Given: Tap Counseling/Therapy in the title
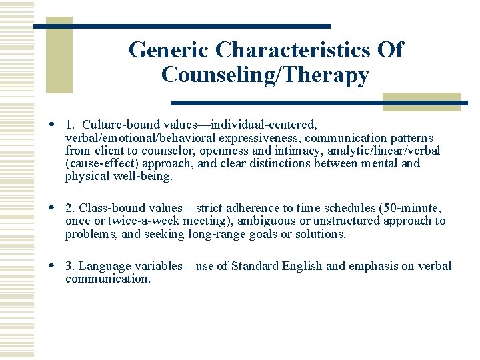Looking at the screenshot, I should (265, 75).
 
